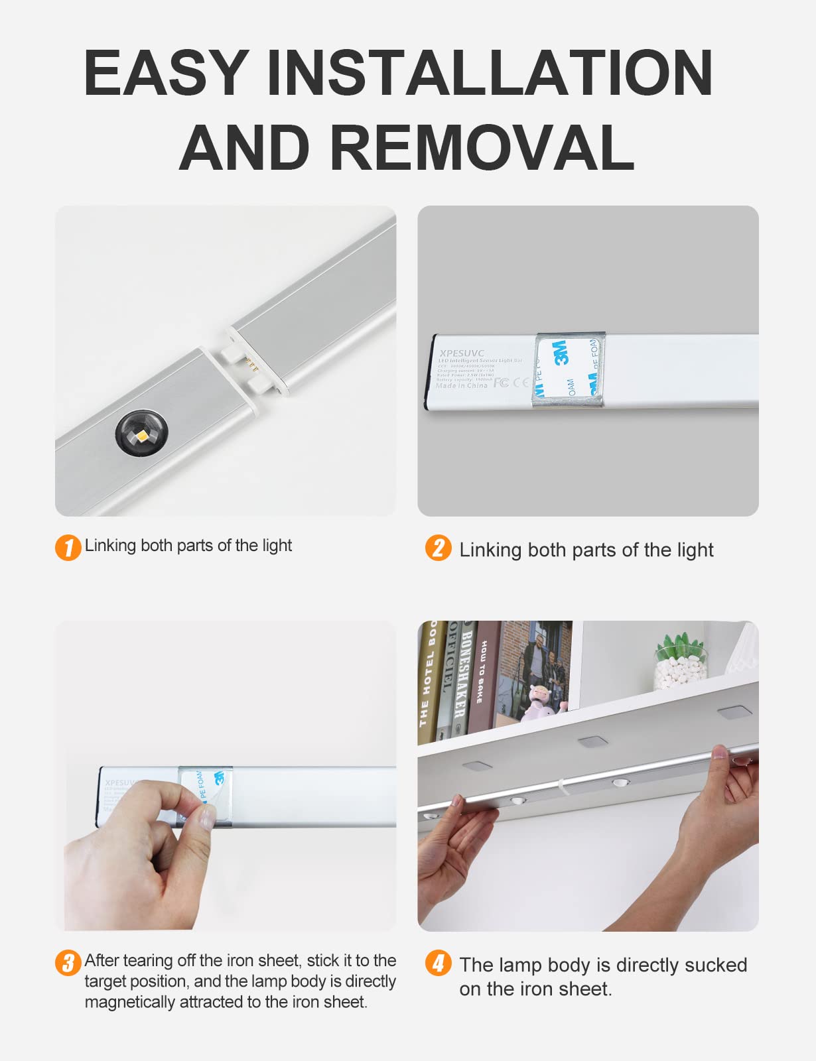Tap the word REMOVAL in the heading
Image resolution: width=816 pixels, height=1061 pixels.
(482, 147)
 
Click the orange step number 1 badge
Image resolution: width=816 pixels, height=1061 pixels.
(68, 548)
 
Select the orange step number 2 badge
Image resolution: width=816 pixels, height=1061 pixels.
(438, 548)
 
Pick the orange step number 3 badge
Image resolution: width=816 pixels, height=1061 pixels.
(68, 963)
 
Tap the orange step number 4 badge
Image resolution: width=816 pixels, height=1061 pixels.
(438, 963)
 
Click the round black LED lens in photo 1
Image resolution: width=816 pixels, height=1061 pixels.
(142, 432)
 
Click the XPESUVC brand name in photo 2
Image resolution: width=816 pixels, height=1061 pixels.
(462, 353)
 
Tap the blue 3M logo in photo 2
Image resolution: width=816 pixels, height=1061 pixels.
(561, 352)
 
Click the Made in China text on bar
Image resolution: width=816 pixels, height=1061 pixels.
(462, 385)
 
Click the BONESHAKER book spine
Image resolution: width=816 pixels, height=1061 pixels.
(464, 676)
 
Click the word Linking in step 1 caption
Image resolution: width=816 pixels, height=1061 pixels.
(110, 545)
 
